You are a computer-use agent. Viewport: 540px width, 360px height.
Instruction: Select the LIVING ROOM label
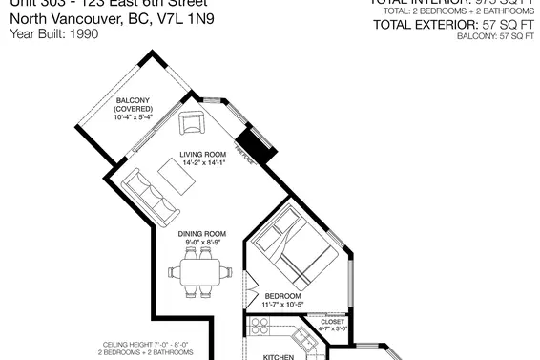[x=201, y=154]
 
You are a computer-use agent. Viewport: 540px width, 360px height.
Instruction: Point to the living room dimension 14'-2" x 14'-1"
[x=201, y=163]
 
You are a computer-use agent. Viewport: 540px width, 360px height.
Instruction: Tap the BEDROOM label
[x=283, y=297]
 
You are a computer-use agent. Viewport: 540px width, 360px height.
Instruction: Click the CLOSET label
[x=332, y=322]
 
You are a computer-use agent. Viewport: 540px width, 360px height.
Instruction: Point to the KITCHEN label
[x=280, y=356]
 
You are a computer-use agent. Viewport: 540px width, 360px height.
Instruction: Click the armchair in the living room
[x=192, y=121]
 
